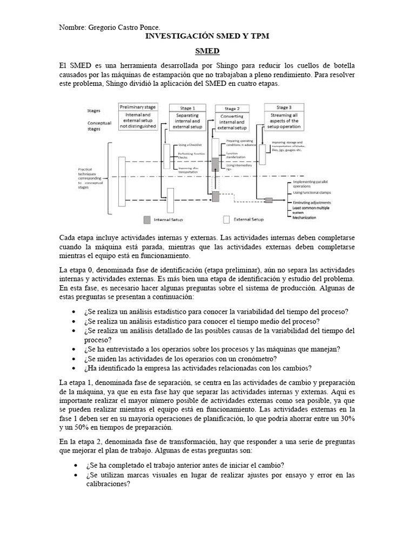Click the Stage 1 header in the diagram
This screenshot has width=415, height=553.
pos(187,107)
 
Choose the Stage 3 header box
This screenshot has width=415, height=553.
pos(284,107)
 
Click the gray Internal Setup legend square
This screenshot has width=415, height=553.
pos(147,220)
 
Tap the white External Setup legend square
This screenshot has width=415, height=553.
pos(227,220)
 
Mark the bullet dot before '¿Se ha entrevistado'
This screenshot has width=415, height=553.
pos(74,349)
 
